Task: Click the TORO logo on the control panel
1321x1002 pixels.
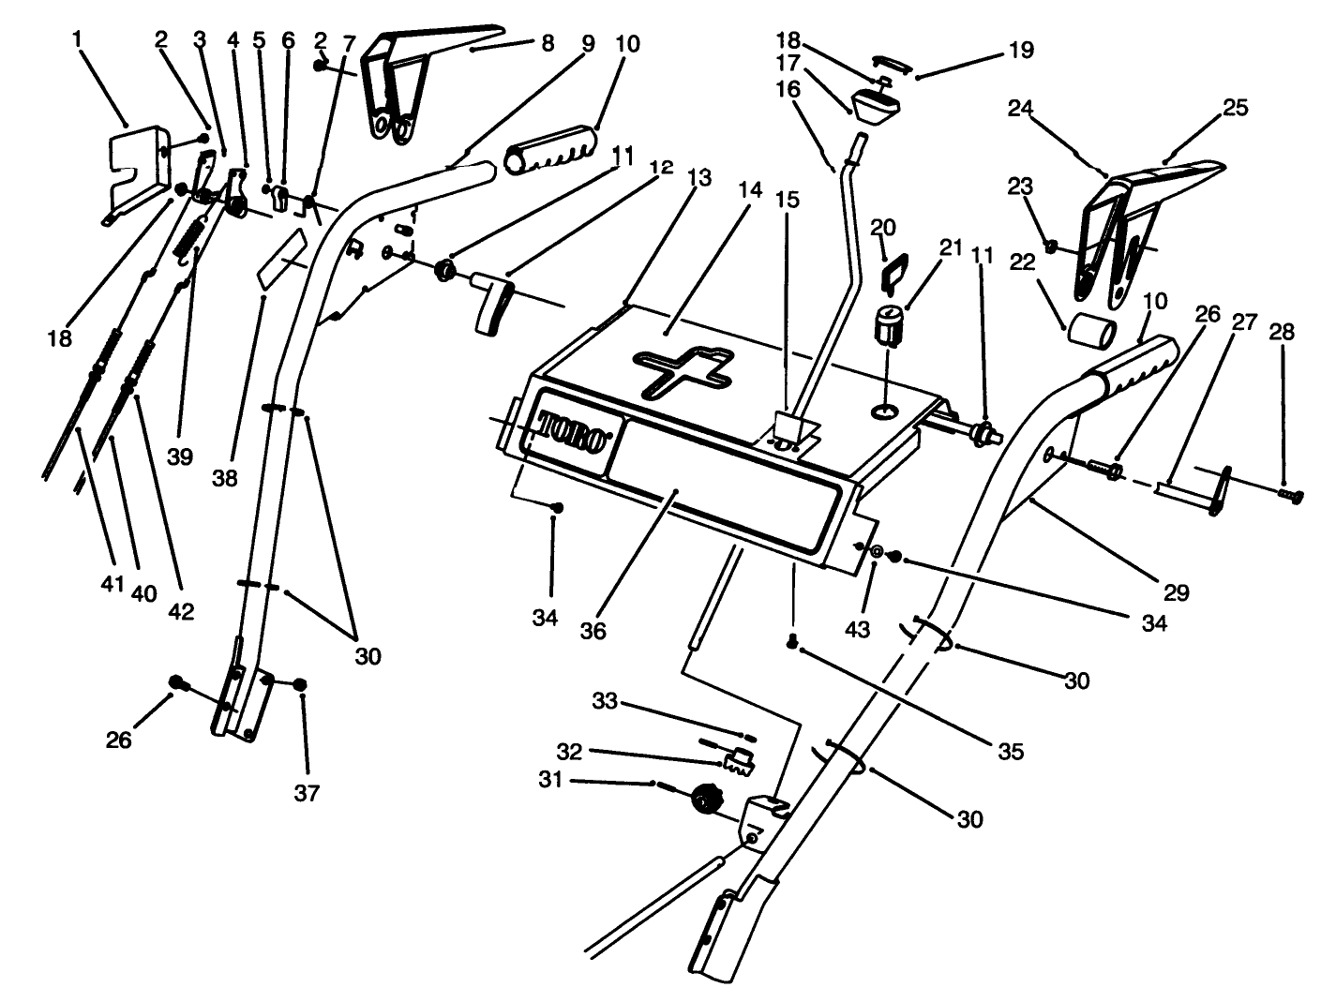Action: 573,432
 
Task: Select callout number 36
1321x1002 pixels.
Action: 593,631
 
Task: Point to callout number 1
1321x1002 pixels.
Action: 77,39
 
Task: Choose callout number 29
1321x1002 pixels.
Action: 1176,591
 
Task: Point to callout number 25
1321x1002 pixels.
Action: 1235,108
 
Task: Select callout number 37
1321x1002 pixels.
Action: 307,793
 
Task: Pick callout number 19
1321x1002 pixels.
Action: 1020,50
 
